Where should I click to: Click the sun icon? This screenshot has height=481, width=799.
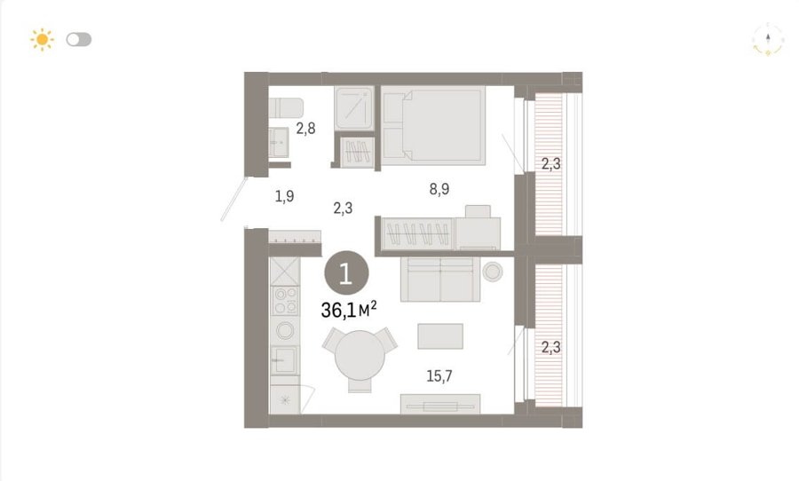[42, 39]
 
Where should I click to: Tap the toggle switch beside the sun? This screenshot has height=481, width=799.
[79, 39]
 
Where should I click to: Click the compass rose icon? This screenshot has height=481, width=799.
[768, 39]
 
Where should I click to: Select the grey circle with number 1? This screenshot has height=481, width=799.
[346, 274]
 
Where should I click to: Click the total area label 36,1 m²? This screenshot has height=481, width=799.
[349, 310]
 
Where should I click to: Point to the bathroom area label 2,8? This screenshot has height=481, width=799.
[305, 128]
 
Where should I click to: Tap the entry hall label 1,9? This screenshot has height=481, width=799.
[284, 195]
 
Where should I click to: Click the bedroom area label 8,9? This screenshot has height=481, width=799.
[439, 189]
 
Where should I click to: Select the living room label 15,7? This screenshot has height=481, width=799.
[439, 376]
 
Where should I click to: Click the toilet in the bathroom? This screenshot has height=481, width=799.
[286, 107]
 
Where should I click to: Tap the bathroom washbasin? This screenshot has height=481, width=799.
[278, 142]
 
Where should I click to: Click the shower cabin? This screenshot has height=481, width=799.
[354, 107]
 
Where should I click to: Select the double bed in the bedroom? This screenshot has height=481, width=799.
[433, 126]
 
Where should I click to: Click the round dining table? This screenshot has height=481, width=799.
[360, 355]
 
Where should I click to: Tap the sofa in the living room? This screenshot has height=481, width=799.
[440, 279]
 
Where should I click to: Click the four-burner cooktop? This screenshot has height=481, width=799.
[285, 301]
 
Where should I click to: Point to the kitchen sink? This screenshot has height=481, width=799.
[284, 359]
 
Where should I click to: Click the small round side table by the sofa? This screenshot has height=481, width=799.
[493, 272]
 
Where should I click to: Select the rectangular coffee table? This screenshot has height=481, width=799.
[440, 336]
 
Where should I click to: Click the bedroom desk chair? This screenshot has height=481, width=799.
[478, 211]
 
